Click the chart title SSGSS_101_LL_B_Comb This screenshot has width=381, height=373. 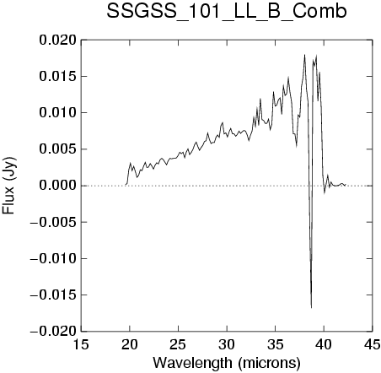click(x=227, y=12)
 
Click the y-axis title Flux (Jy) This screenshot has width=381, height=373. click(x=9, y=186)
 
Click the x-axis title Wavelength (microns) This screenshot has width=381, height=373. click(x=227, y=363)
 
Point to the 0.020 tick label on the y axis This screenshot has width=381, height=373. click(x=58, y=41)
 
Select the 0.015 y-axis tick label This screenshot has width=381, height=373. click(x=58, y=77)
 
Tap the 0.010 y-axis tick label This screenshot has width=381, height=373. click(x=58, y=113)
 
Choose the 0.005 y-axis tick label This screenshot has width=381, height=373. click(x=58, y=149)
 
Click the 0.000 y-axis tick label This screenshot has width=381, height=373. click(x=58, y=186)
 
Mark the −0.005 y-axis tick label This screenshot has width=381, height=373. click(x=53, y=222)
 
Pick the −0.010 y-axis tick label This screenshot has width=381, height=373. click(x=53, y=258)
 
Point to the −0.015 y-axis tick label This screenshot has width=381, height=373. click(x=53, y=295)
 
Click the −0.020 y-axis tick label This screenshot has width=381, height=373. click(x=53, y=332)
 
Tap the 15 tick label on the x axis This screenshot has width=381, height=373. click(x=81, y=344)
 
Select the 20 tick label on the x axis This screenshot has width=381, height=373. click(x=130, y=344)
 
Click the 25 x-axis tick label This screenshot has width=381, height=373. click(x=178, y=344)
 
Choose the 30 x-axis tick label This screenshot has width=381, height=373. click(x=227, y=344)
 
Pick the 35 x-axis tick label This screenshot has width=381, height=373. click(x=276, y=344)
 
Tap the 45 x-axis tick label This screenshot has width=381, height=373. click(x=373, y=344)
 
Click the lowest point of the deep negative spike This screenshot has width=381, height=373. click(x=311, y=308)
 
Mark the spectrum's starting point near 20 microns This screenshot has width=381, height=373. click(x=126, y=185)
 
